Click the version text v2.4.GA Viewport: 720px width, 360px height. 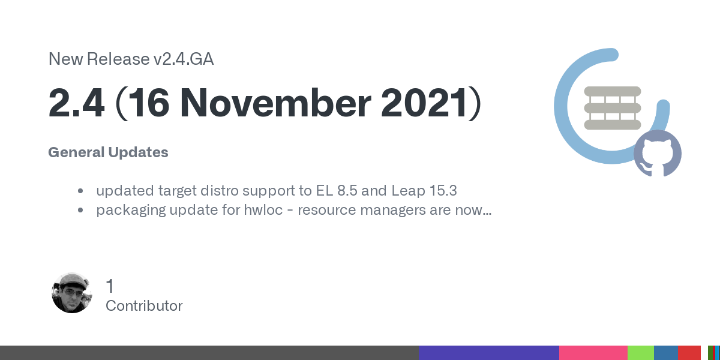183,59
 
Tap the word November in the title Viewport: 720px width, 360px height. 276,103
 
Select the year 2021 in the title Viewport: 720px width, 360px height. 424,103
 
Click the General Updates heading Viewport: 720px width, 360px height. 108,152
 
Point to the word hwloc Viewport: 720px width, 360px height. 263,210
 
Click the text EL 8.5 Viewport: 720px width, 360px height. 337,191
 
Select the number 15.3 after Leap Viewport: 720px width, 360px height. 443,191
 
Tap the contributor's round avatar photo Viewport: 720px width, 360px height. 71,293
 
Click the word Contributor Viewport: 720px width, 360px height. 144,305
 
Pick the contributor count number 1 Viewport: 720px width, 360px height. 110,286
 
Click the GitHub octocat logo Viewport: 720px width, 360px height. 658,154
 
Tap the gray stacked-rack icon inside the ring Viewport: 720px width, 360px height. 613,108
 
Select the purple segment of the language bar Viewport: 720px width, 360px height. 489,353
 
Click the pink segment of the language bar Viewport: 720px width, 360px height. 593,353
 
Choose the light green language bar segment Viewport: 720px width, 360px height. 641,353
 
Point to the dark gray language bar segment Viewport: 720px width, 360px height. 209,353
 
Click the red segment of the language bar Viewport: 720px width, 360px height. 689,353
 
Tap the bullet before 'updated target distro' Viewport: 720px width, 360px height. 80,191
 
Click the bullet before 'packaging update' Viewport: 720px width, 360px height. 80,210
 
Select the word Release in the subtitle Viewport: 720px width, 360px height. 118,59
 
